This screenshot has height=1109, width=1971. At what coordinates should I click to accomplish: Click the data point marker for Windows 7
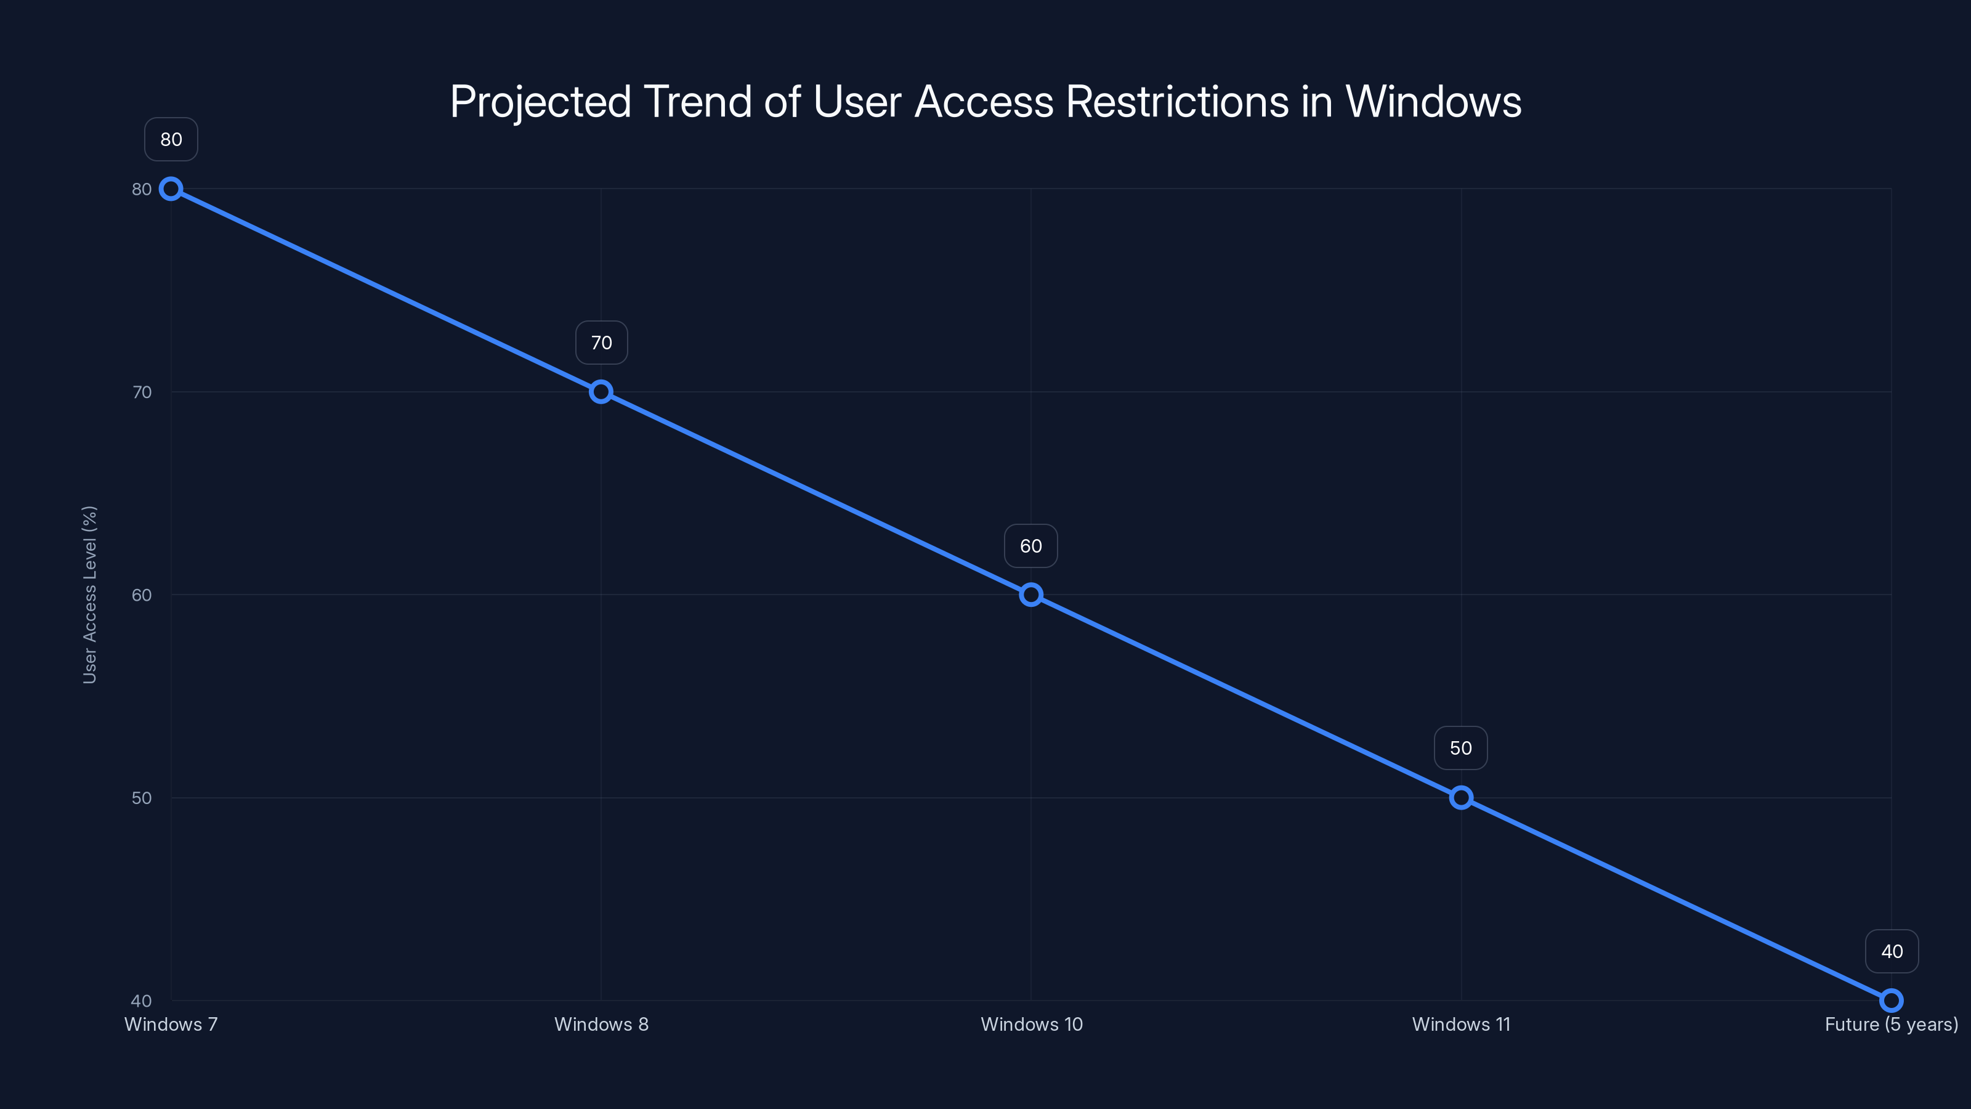(171, 189)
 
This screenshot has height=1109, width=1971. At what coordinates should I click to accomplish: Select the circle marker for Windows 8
(601, 392)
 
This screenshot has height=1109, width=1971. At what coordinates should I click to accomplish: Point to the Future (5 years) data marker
(1891, 1001)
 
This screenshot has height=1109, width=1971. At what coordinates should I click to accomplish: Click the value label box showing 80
(171, 139)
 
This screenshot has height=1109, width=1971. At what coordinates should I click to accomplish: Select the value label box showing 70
(601, 343)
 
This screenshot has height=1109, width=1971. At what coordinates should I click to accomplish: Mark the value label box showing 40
(1892, 951)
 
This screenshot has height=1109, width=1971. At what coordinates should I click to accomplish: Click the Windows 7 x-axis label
(171, 1024)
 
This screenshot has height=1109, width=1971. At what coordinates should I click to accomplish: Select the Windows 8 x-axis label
(601, 1024)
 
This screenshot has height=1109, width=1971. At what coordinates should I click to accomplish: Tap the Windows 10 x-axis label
(1032, 1024)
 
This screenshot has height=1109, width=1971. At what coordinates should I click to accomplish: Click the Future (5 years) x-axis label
(1891, 1024)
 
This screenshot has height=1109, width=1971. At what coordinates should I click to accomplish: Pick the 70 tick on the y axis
(142, 392)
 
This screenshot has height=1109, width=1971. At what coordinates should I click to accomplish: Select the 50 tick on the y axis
(142, 797)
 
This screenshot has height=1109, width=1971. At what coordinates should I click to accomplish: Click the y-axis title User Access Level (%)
(89, 595)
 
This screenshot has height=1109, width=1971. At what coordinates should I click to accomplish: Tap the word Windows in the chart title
(1433, 102)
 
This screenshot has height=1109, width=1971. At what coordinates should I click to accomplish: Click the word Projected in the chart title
(540, 102)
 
